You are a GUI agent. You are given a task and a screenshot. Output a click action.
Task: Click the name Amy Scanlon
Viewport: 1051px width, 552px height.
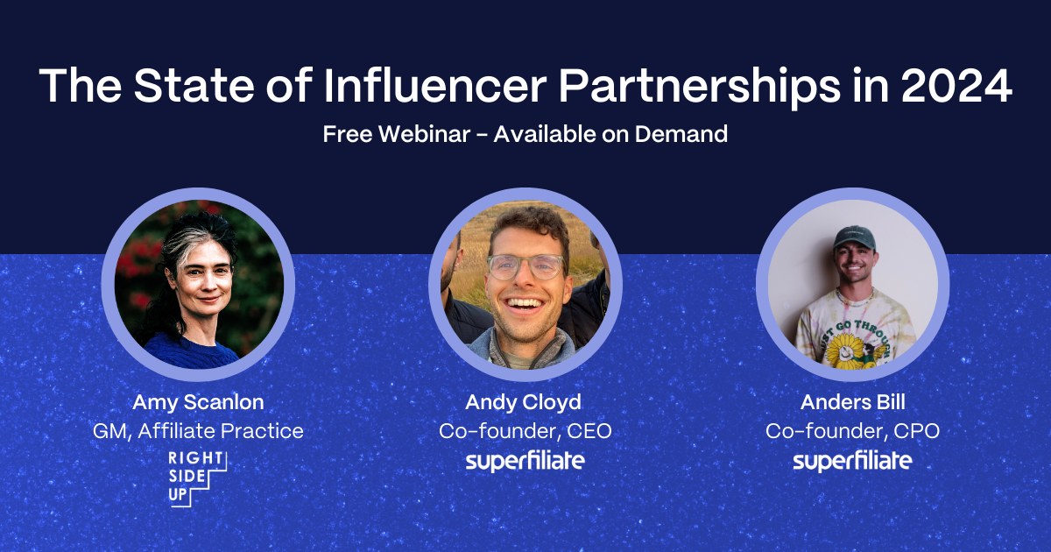point(198,402)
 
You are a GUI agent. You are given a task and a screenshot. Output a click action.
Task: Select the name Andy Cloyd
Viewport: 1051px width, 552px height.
point(525,402)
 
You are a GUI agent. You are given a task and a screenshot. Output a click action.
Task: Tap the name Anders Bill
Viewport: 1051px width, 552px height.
point(852,402)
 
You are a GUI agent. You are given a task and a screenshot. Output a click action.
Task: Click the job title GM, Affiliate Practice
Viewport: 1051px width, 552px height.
point(198,430)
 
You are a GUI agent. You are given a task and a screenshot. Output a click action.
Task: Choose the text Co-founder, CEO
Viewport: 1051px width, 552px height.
point(525,430)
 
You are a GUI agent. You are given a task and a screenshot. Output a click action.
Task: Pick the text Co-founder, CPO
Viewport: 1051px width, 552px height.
point(852,430)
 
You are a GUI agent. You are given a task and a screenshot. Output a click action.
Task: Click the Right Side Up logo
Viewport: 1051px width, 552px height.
point(198,478)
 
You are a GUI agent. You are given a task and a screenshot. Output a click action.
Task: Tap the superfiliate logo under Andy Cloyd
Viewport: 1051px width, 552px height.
point(525,461)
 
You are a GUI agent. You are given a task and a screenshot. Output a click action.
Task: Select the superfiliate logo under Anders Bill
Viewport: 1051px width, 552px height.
point(852,461)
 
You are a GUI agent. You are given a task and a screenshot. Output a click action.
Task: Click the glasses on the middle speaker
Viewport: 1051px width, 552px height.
point(525,265)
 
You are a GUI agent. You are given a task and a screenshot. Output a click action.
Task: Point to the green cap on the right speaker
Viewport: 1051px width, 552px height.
point(853,237)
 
